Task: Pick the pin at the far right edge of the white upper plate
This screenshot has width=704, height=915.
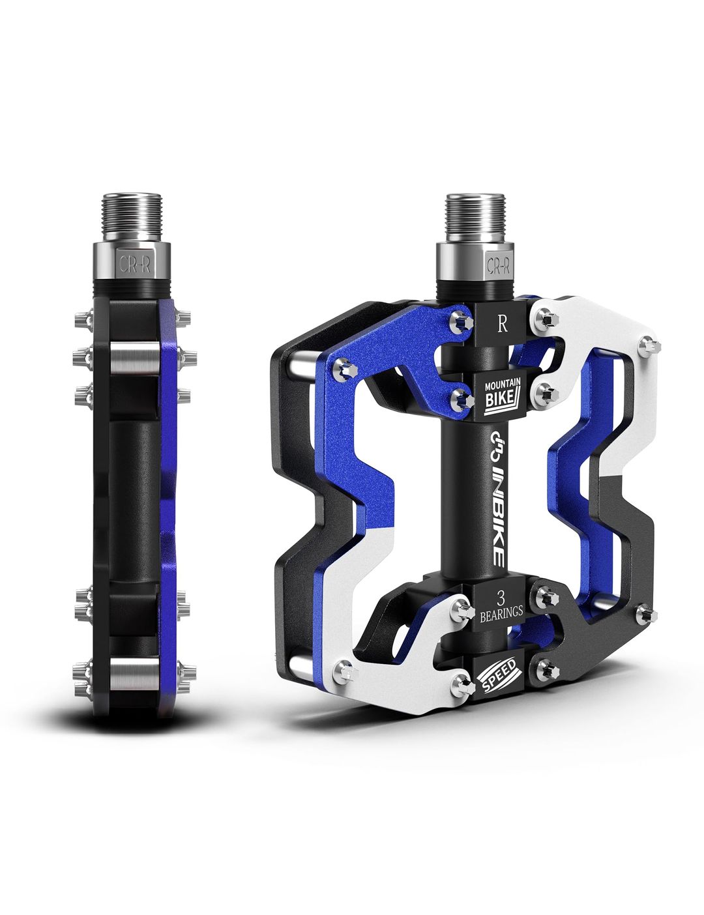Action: pos(647,343)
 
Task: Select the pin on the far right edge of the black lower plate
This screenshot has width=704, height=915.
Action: pos(646,613)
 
